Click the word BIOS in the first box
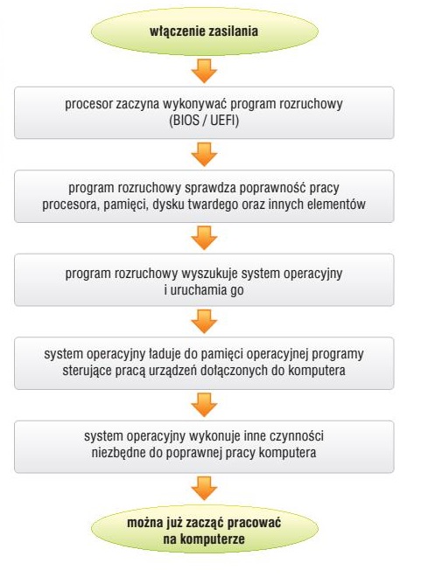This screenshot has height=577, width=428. [186, 121]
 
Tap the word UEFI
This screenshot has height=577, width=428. [222, 121]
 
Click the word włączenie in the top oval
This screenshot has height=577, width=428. [176, 31]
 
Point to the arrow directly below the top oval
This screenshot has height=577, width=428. [204, 71]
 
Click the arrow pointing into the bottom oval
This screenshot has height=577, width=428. [204, 489]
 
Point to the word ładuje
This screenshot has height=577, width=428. [165, 354]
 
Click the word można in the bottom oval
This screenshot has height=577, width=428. [144, 523]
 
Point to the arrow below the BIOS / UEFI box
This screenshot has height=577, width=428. [204, 154]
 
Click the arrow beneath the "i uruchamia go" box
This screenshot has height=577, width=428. [204, 321]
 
